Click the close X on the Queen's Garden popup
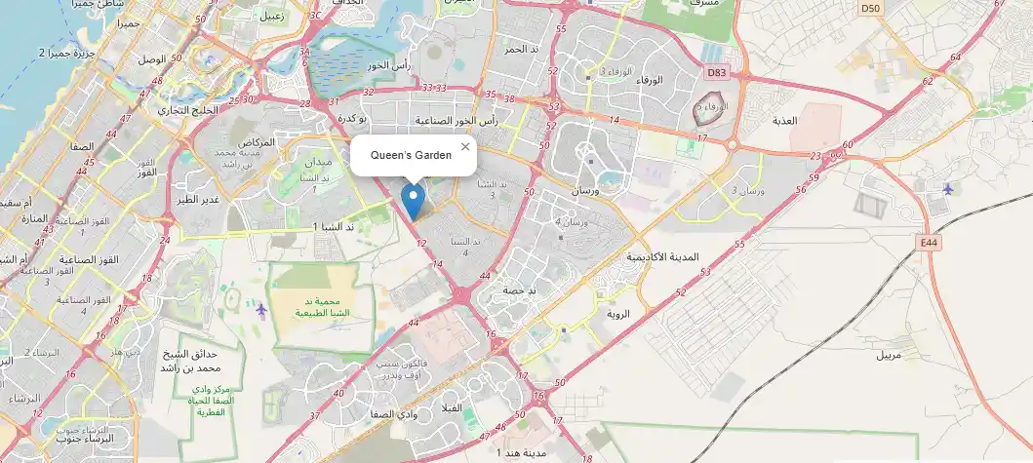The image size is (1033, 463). (x=465, y=146)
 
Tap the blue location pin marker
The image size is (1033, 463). (x=414, y=201)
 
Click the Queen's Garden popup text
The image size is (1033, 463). (x=411, y=155)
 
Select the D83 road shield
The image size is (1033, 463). (x=717, y=72)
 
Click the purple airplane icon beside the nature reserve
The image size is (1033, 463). (x=261, y=309)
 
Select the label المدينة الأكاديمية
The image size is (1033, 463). (x=662, y=256)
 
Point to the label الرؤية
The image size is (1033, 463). (x=618, y=315)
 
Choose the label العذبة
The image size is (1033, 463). (x=784, y=121)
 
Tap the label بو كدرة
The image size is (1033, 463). (x=350, y=118)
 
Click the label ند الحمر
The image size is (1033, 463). (x=520, y=49)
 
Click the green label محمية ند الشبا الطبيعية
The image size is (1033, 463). (x=323, y=307)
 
